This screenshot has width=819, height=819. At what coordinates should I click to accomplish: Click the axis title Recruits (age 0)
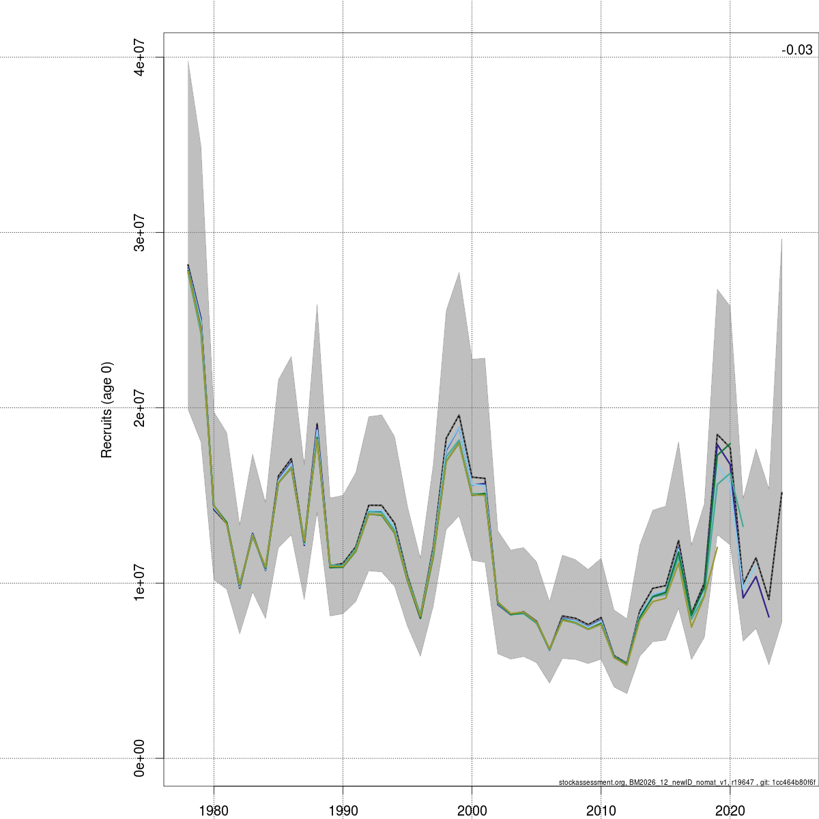coord(106,409)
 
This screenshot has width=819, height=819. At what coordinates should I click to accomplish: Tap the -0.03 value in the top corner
coord(796,50)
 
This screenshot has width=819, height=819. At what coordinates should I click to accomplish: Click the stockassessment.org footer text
coord(687,782)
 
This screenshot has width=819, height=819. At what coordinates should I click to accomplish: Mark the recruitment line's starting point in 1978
coord(188,265)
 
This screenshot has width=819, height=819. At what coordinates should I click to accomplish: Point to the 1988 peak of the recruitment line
coord(317,425)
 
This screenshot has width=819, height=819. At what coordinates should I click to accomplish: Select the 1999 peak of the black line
coord(459,416)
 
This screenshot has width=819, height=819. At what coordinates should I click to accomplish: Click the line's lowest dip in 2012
coord(627,664)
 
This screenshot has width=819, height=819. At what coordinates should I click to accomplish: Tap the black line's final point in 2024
coord(781,493)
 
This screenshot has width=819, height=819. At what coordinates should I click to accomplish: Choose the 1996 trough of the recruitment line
coord(420,618)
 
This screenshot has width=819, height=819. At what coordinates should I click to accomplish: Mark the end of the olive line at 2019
coord(717,547)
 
